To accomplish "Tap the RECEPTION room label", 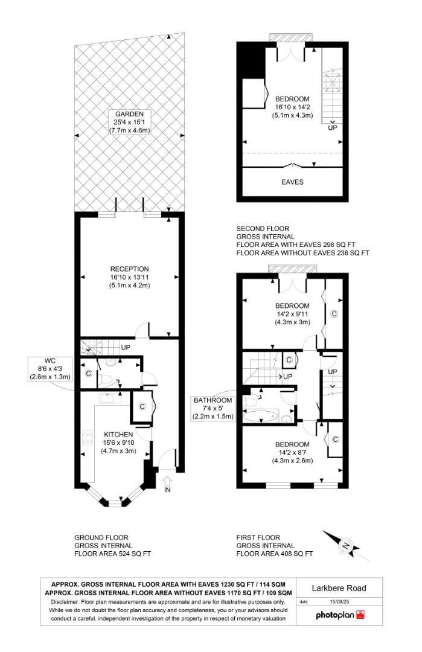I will point(129,277).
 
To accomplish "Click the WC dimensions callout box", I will point(50,368).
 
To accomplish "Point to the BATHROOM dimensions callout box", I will point(213,408).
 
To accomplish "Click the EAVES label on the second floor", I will point(293,182).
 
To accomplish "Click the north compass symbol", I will point(345,546).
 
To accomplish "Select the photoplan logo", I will point(340,615).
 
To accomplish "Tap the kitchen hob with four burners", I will point(86,438).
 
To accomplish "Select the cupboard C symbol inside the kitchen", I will point(142,406).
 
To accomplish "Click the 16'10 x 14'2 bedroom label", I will point(293,107).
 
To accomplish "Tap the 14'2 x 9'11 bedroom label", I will point(293,314).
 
